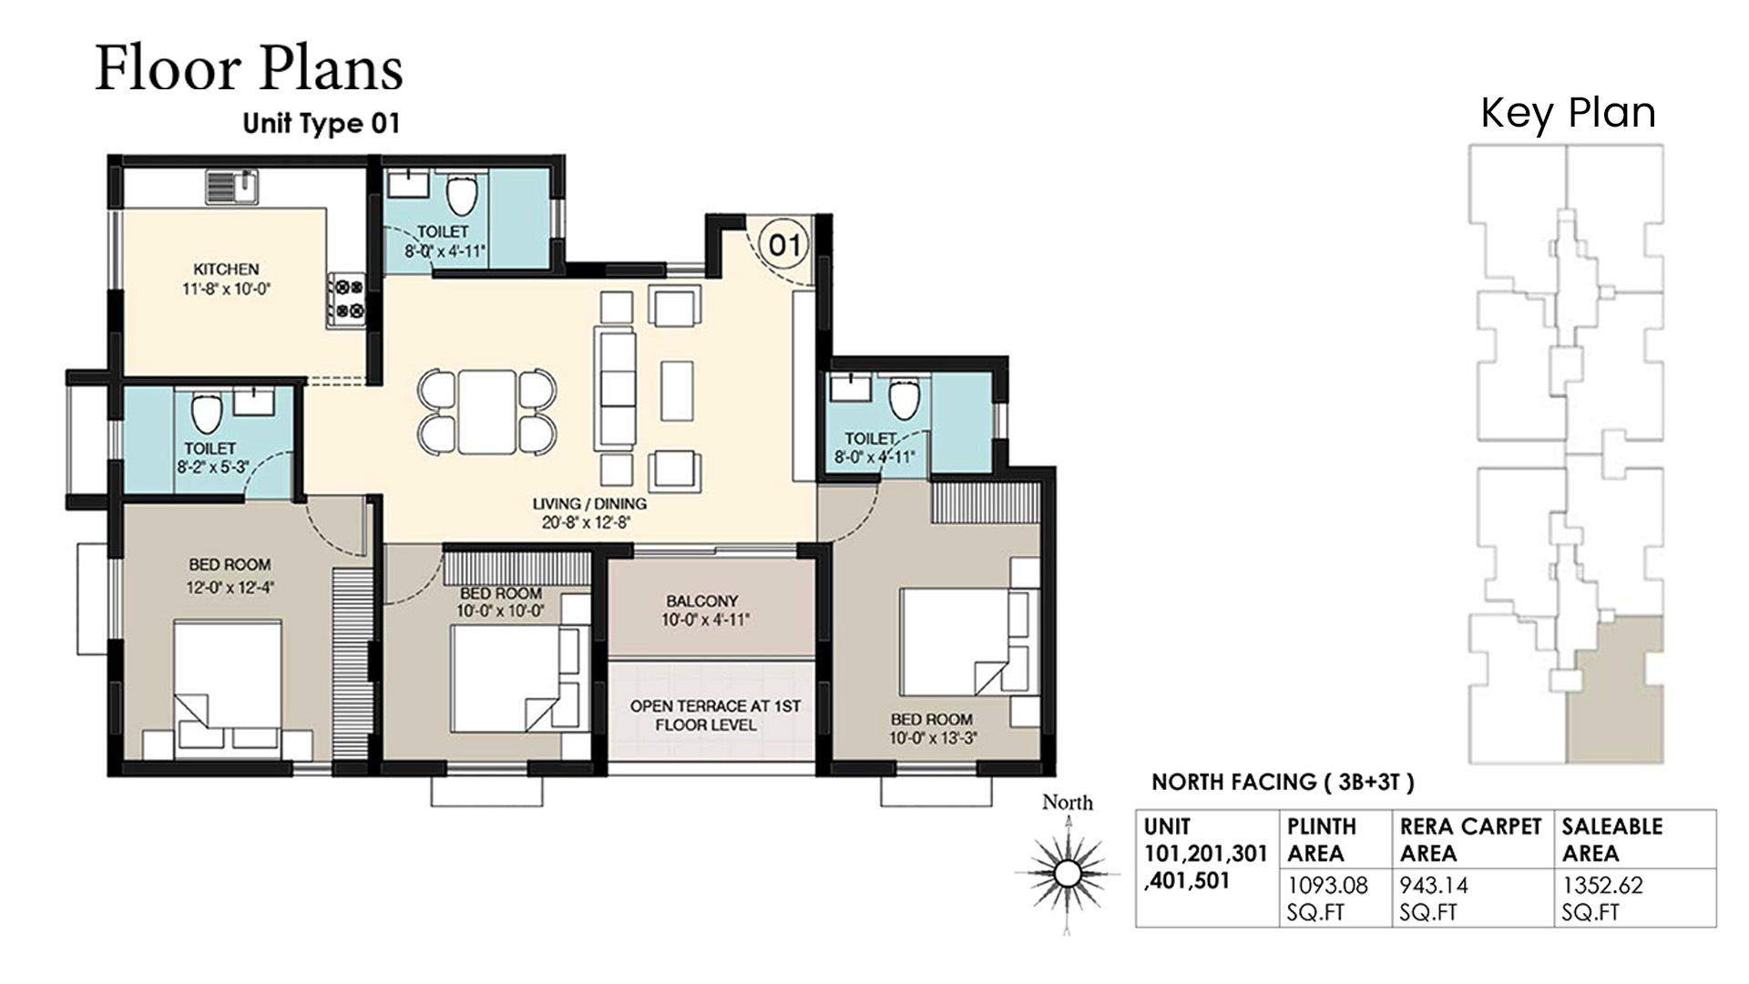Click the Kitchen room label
(226, 269)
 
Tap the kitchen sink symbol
(232, 187)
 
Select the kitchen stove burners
(346, 300)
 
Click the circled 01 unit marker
(784, 244)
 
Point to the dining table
(486, 411)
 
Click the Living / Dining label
(589, 503)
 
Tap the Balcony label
(701, 601)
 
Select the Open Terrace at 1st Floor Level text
(714, 715)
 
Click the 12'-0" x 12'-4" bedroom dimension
(230, 588)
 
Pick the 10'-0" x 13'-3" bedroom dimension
(933, 738)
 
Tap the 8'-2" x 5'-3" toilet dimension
(212, 467)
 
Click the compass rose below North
(1066, 873)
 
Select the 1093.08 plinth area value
(1327, 884)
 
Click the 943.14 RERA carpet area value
(1434, 884)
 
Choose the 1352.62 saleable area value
(1602, 884)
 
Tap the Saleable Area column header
(1611, 839)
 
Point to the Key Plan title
(1568, 113)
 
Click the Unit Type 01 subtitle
(322, 123)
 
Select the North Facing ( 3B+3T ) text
(1283, 782)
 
